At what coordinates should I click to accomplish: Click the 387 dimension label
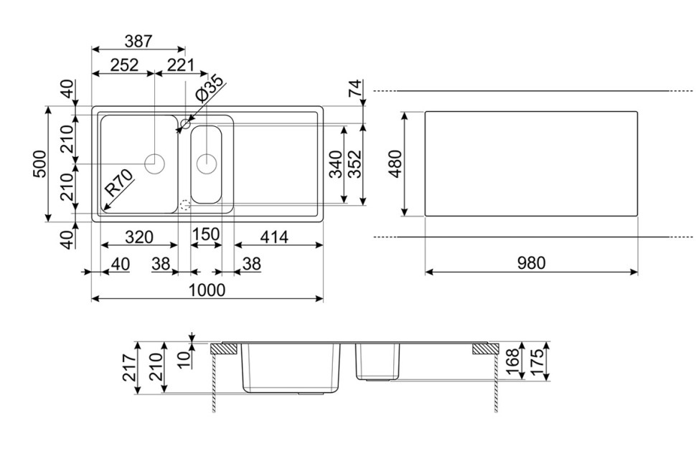(x=138, y=42)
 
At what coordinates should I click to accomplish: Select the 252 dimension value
(x=125, y=65)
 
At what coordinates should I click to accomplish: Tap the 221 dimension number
(x=181, y=65)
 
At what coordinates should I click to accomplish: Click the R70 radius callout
(x=119, y=183)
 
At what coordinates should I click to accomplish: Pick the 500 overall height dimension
(x=40, y=164)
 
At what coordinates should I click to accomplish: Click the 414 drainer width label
(x=274, y=237)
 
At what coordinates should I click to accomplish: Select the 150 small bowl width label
(x=206, y=234)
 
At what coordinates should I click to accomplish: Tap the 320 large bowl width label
(x=139, y=237)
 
